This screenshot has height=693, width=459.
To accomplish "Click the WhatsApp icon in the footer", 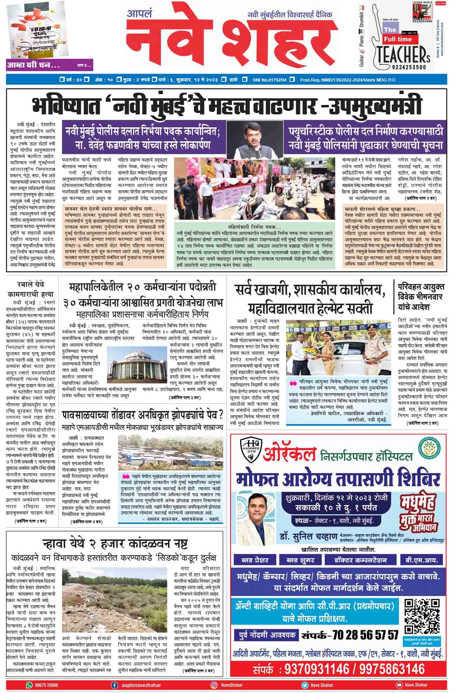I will point(29,685).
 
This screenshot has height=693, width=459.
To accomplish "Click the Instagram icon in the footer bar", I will point(214,685).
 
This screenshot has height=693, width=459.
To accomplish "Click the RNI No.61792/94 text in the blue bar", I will point(269,80).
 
